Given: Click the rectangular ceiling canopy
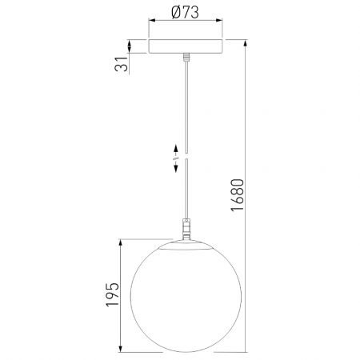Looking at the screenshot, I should click(x=185, y=46).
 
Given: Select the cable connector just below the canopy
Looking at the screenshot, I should click(x=186, y=58).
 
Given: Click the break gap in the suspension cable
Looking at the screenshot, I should click(x=186, y=155).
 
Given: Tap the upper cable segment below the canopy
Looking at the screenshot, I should click(x=186, y=104).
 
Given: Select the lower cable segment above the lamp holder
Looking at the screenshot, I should click(x=186, y=192).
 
